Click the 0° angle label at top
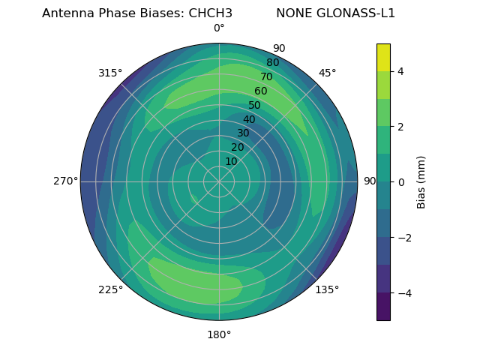pos(219,28)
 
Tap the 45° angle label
pos(328,73)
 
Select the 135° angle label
pos(327,289)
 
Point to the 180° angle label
pos(219,334)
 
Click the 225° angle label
pos(110,290)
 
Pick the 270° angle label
pos(65,181)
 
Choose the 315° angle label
pos(110,73)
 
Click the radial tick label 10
pos(231,161)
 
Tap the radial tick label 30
pos(243,133)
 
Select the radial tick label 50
pos(255,106)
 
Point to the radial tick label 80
pos(273,63)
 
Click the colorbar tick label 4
pos(400,71)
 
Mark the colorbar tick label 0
pos(400,182)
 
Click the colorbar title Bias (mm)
pos(421,181)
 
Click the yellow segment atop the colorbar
pos(383,58)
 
